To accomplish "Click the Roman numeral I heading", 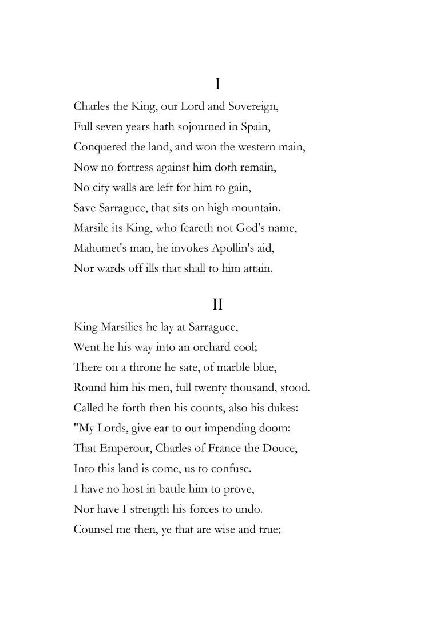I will pyautogui.click(x=217, y=85).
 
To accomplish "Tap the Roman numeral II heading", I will pyautogui.click(x=217, y=304).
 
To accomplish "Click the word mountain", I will pyautogui.click(x=254, y=208).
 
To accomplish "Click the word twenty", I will pyautogui.click(x=209, y=387).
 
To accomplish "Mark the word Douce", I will pyautogui.click(x=280, y=448).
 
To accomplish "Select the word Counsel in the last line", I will pyautogui.click(x=94, y=529).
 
